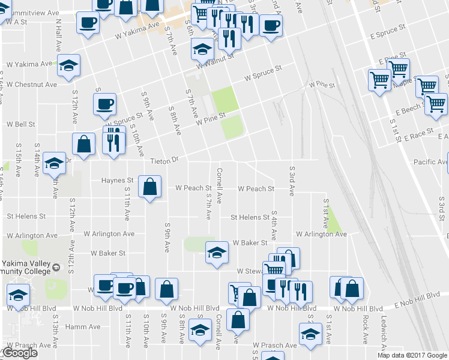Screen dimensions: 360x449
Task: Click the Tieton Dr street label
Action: pos(164,161)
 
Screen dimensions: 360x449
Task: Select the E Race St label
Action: pos(418,136)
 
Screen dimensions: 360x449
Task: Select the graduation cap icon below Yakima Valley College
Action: pos(18,295)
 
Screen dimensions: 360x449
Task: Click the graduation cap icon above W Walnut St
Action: pos(202,49)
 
